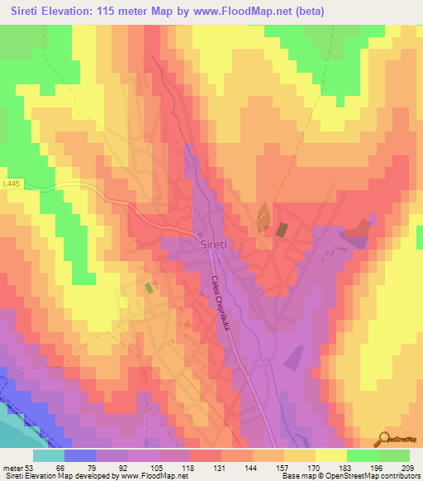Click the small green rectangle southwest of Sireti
pos(149,288)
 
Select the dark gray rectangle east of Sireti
pos(282,229)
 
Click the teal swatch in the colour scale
pos(49,455)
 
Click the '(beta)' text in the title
pos(307,12)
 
